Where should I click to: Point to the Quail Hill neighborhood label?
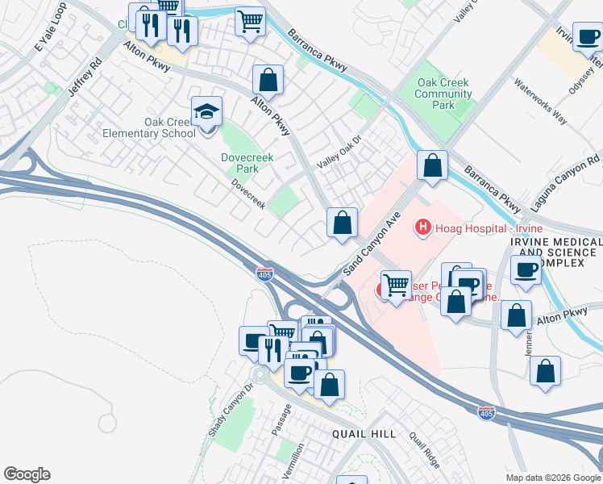point(364,434)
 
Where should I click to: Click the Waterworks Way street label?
point(540,102)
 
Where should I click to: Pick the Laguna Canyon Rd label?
point(566,184)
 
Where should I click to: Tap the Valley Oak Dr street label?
point(340,152)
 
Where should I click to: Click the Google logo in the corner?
point(27,474)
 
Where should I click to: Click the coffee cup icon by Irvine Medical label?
point(526,270)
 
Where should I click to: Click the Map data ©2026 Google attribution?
point(553,478)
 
